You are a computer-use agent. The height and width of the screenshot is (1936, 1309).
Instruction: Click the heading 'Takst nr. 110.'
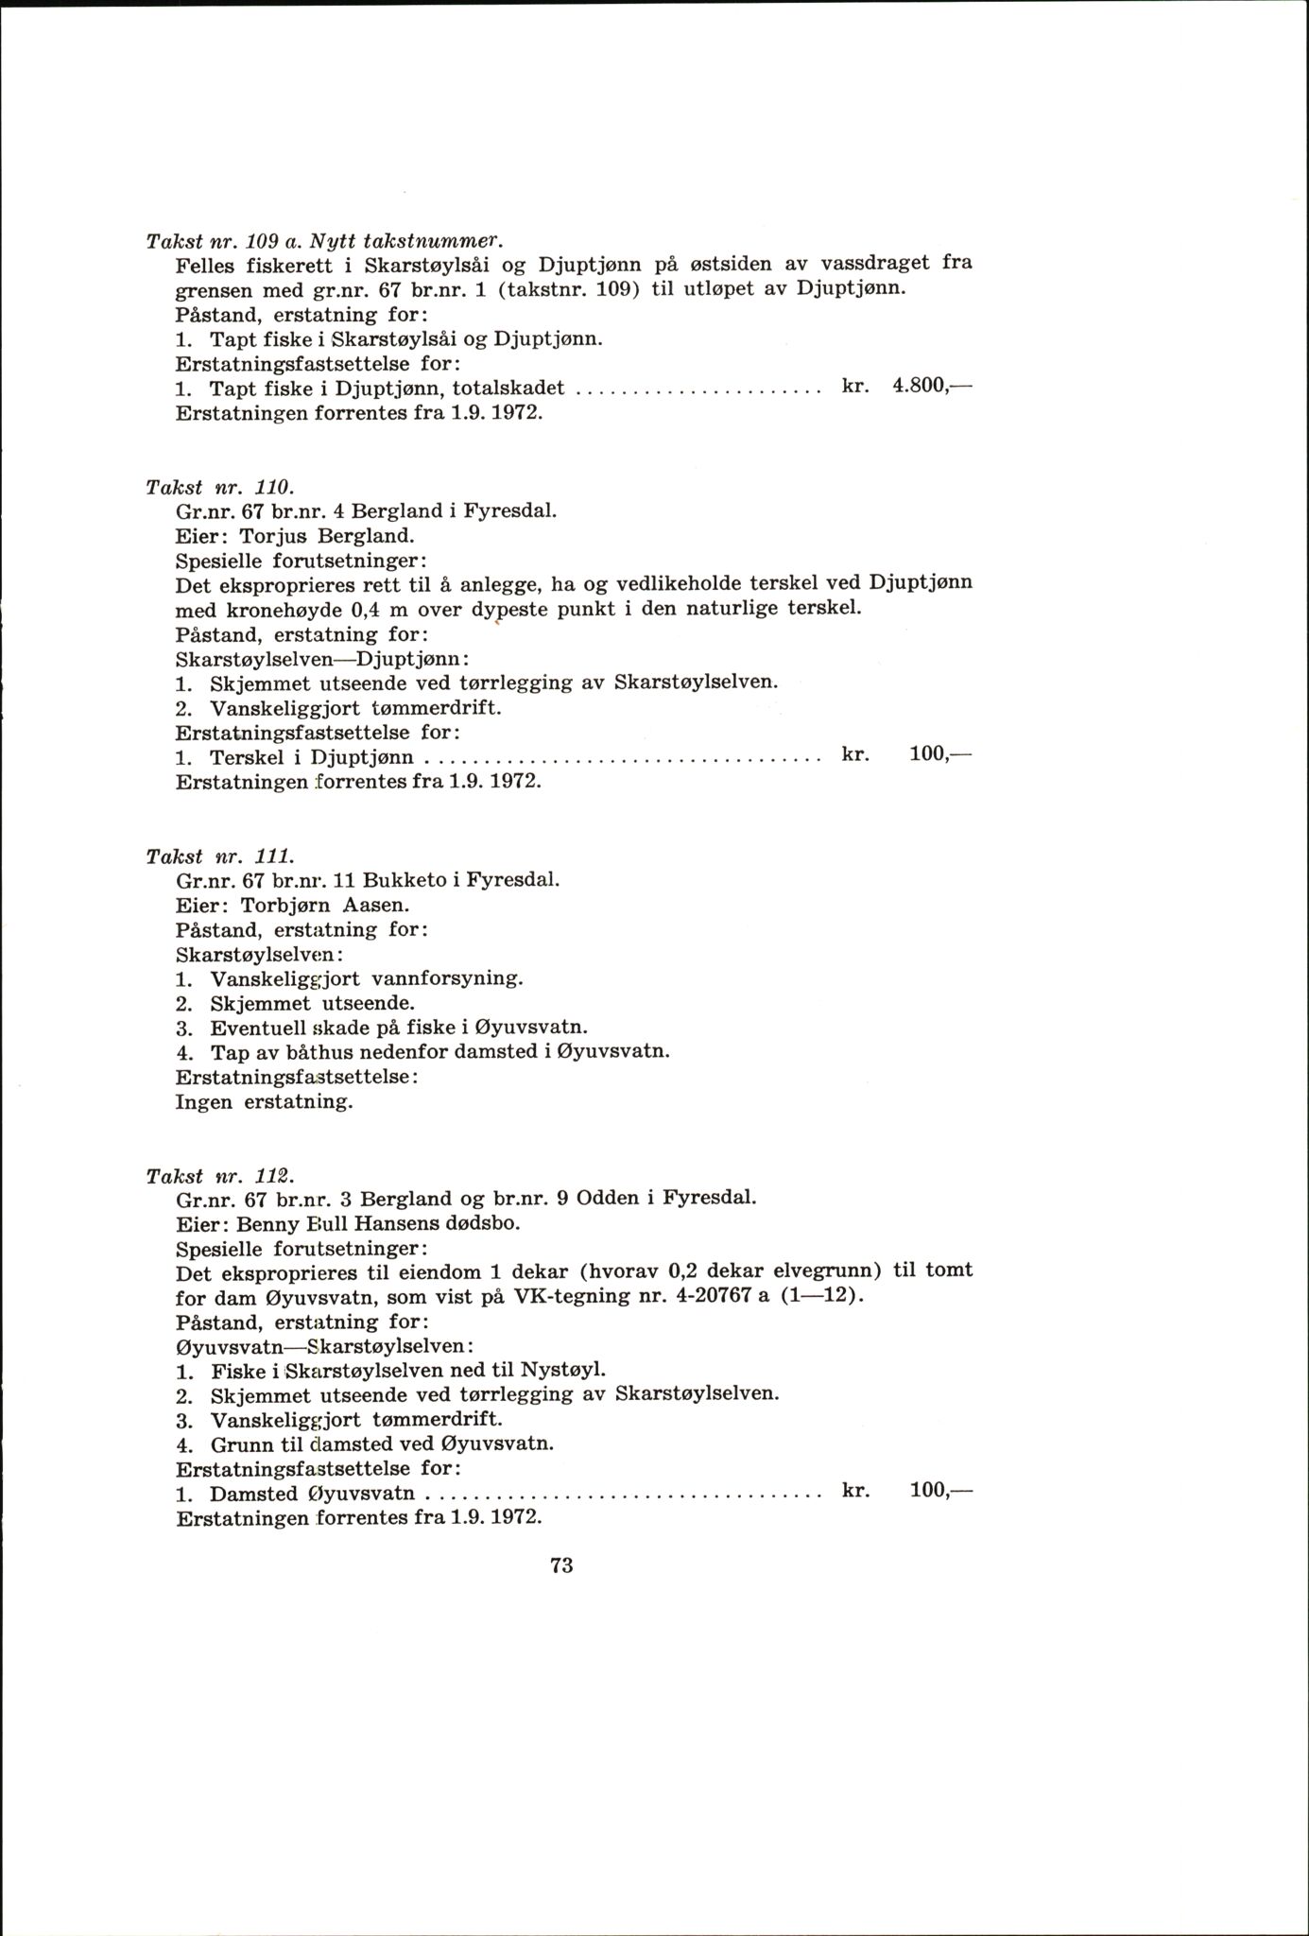point(221,487)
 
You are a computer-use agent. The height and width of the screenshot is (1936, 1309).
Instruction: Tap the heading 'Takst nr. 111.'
point(221,856)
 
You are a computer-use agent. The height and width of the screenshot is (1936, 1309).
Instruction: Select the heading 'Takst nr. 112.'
point(221,1176)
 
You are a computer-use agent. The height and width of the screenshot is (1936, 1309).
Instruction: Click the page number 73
point(561,1564)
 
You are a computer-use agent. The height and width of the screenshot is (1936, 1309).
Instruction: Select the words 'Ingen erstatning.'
point(264,1101)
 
